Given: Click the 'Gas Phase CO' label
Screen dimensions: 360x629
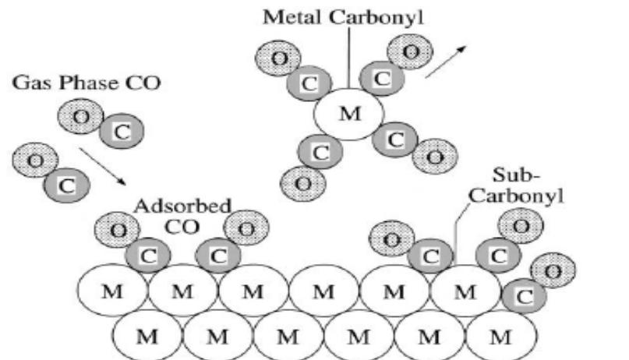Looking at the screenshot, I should pos(86,81).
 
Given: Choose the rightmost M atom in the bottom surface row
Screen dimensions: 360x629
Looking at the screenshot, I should pos(500,337).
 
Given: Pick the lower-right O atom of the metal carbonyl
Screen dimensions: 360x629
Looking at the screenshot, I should pos(435,157).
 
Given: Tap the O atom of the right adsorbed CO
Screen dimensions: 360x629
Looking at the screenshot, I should pos(246,229).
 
